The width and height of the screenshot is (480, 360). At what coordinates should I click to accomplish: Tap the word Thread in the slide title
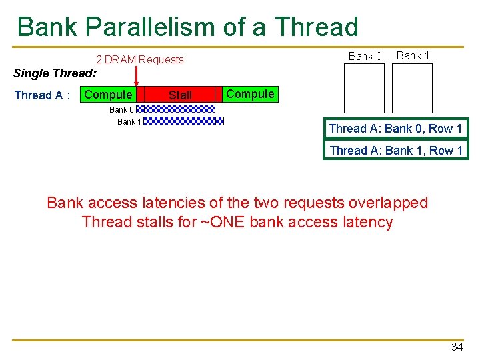pyautogui.click(x=316, y=27)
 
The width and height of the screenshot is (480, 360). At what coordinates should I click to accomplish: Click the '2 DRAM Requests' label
pyautogui.click(x=140, y=59)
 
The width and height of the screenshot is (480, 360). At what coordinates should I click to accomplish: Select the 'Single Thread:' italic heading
pyautogui.click(x=55, y=73)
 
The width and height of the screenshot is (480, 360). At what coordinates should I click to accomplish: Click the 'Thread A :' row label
pyautogui.click(x=43, y=95)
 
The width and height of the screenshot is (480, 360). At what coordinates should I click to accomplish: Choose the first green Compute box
pyautogui.click(x=108, y=95)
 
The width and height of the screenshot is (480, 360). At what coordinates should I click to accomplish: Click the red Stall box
pyautogui.click(x=180, y=95)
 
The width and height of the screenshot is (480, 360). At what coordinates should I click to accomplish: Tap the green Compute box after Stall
pyautogui.click(x=250, y=94)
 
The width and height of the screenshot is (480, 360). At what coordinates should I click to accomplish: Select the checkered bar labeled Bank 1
pyautogui.click(x=183, y=121)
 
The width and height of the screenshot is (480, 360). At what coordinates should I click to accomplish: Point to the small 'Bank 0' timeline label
pyautogui.click(x=121, y=109)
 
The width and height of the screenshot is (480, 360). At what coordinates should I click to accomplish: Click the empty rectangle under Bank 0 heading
pyautogui.click(x=364, y=88)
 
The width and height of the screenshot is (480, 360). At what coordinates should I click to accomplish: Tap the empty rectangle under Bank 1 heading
pyautogui.click(x=412, y=88)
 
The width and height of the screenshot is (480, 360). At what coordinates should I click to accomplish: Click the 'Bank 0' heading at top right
pyautogui.click(x=365, y=56)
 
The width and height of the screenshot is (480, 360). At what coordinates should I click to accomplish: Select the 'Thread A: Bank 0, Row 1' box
pyautogui.click(x=395, y=129)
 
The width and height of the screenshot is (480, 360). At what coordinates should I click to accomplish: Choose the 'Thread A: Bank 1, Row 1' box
pyautogui.click(x=395, y=151)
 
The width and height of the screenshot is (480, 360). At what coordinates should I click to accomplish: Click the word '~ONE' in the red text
pyautogui.click(x=223, y=222)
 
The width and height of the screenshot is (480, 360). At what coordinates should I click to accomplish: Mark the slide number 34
pyautogui.click(x=457, y=347)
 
